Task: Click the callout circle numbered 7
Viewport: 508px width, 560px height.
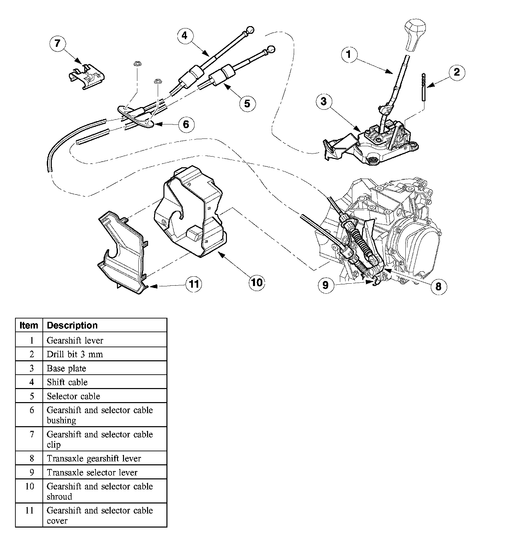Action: pos(57,44)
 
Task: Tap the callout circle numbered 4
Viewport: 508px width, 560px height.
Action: pos(185,35)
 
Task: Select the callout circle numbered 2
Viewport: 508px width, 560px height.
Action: pos(457,72)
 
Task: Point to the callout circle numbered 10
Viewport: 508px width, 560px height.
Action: pos(257,282)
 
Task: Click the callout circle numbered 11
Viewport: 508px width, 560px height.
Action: pos(194,284)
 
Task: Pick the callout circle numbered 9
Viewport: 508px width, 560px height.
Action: pos(326,285)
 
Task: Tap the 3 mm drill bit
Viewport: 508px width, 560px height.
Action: pos(423,87)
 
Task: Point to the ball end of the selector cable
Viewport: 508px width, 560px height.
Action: pos(271,49)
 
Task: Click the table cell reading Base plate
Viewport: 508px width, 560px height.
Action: pos(67,368)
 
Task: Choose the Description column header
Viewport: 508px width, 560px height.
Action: pos(72,325)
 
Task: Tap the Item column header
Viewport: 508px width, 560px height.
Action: pos(29,325)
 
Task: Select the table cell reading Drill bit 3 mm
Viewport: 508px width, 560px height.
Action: pos(75,354)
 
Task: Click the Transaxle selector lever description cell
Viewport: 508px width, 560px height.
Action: pos(92,472)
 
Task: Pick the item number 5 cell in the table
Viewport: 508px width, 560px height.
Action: pos(32,396)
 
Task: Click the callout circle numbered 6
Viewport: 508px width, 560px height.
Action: pos(186,124)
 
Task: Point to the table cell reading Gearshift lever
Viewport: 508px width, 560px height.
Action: pos(75,340)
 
